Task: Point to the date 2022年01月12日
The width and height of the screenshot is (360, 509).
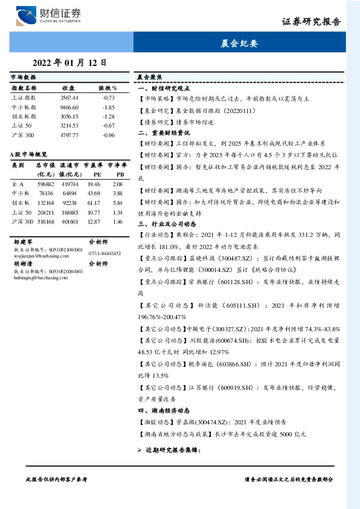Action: pyautogui.click(x=69, y=62)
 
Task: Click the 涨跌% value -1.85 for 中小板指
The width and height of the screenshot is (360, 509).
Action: pyautogui.click(x=109, y=107)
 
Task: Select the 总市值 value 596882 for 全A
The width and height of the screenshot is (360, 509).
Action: pyautogui.click(x=46, y=184)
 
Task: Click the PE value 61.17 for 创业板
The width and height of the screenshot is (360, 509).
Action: pyautogui.click(x=94, y=203)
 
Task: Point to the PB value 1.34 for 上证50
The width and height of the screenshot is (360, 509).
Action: pyautogui.click(x=117, y=213)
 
